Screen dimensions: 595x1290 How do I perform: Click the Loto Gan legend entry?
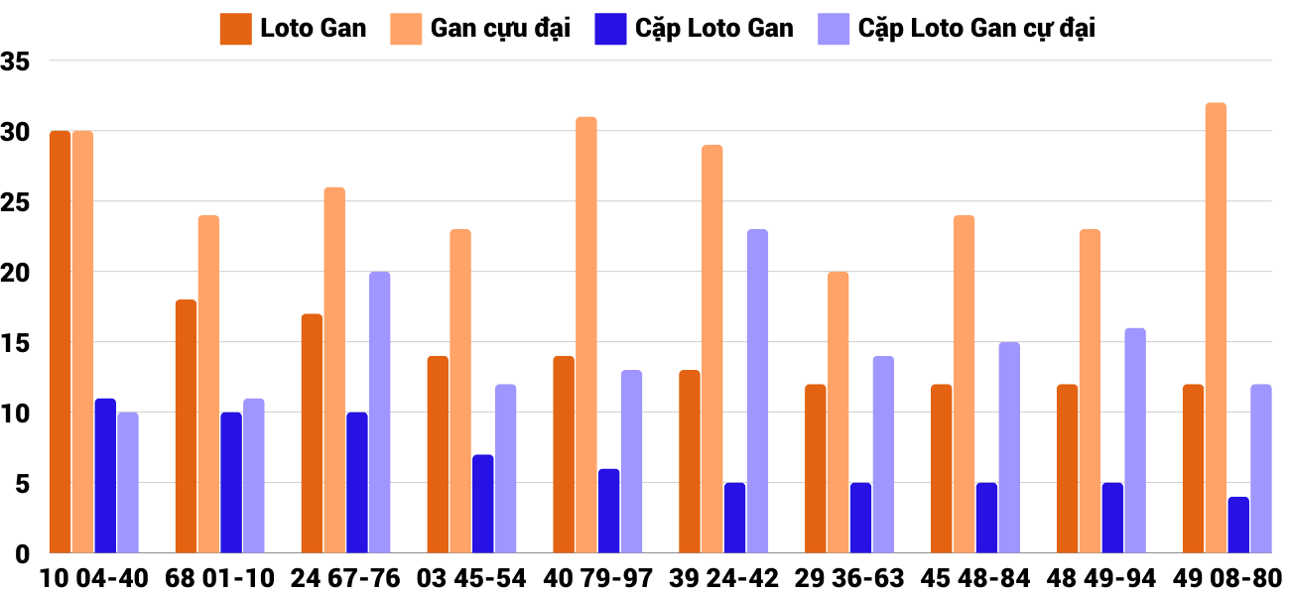[x=294, y=29]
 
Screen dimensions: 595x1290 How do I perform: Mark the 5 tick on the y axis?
[x=22, y=483]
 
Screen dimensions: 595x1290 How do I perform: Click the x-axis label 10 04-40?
[x=94, y=578]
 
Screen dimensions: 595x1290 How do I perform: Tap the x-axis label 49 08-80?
[x=1227, y=578]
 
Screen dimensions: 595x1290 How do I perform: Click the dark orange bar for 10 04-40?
[x=61, y=342]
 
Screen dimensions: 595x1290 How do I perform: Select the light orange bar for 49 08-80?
[x=1216, y=327]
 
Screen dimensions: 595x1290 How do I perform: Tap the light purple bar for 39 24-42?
[x=757, y=391]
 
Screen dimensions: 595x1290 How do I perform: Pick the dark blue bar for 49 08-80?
[x=1238, y=525]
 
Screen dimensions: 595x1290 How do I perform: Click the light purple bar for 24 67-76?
[x=379, y=412]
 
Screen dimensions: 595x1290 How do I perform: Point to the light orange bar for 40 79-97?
[x=586, y=334]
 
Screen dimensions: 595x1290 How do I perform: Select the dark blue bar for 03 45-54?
[x=482, y=504]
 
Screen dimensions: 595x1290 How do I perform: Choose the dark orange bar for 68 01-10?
[x=186, y=426]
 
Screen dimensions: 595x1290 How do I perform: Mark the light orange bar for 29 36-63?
[x=838, y=412]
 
